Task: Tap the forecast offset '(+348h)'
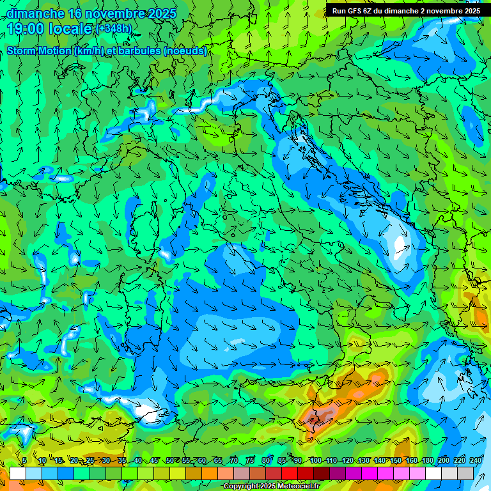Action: (114, 28)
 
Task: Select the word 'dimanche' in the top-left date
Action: (36, 13)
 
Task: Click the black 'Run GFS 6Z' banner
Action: (407, 11)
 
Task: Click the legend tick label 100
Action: (315, 460)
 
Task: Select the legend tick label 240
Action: (476, 460)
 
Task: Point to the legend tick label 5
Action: (24, 460)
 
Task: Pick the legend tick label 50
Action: (170, 460)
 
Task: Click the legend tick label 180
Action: (427, 460)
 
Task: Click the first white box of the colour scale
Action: (18, 473)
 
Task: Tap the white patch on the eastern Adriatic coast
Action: (401, 246)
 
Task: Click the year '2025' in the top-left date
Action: (162, 13)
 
